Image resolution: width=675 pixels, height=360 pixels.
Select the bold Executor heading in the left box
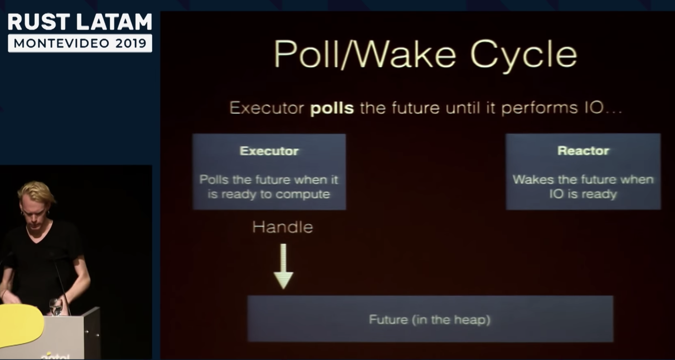(269, 151)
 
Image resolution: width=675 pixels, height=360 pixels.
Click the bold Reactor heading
(583, 150)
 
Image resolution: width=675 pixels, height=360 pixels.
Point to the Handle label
(282, 227)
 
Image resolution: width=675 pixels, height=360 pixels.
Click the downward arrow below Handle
(283, 266)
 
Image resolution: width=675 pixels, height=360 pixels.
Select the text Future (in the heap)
(429, 319)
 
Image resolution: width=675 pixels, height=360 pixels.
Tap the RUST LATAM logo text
(80, 22)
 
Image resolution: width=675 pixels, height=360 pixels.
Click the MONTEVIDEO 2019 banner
(80, 43)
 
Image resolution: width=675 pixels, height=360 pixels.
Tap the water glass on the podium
(56, 307)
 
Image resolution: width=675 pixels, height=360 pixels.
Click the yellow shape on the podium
(20, 325)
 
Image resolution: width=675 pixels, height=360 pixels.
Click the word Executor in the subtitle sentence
(267, 108)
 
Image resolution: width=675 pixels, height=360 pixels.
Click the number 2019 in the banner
(131, 43)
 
